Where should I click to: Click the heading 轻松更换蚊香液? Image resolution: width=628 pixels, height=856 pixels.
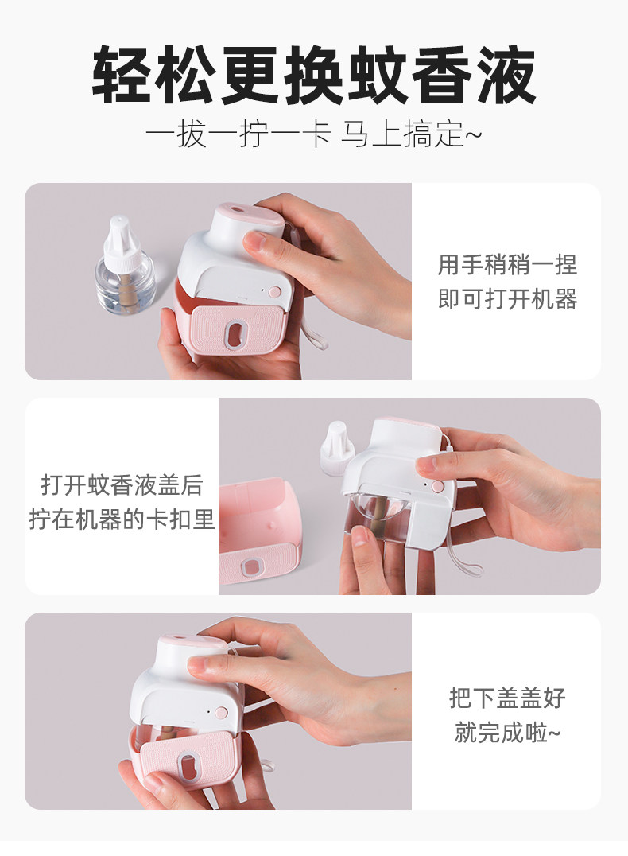314,76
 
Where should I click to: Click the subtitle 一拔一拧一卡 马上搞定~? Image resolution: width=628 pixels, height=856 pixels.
314,134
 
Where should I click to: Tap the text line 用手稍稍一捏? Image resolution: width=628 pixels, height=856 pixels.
507,265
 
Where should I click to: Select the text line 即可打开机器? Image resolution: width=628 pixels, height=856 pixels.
507,299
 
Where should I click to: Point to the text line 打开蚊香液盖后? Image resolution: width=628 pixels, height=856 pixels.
122,484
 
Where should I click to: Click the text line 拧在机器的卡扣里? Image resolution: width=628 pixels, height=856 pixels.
122,519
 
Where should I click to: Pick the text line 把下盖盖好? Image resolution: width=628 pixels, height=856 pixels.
507,698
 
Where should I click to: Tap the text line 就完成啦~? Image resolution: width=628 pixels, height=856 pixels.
507,732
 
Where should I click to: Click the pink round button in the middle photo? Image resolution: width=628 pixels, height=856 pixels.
437,485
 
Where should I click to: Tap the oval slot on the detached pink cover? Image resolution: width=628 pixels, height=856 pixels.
252,566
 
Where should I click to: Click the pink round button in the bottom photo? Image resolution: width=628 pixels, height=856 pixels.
222,712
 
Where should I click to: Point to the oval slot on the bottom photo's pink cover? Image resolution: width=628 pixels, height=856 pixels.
188,766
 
